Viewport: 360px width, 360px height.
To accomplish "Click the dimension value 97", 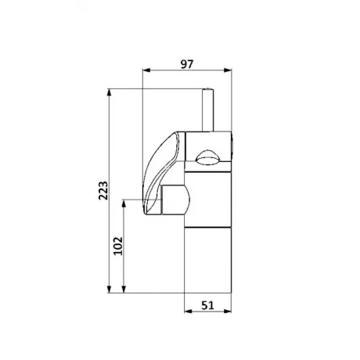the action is pyautogui.click(x=187, y=64).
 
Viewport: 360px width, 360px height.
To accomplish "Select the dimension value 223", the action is pyautogui.click(x=103, y=190).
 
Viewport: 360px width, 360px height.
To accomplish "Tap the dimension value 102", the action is pyautogui.click(x=118, y=246).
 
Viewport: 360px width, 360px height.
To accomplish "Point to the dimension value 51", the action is pyautogui.click(x=207, y=305).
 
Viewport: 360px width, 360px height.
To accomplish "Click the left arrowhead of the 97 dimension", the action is pyautogui.click(x=147, y=70).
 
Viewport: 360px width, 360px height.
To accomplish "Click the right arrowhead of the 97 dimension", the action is pyautogui.click(x=228, y=70).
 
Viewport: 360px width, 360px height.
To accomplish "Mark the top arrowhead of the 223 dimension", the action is pyautogui.click(x=110, y=93).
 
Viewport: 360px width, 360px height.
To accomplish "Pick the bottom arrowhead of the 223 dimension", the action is pyautogui.click(x=110, y=289).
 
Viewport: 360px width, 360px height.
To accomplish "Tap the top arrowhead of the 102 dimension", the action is pyautogui.click(x=124, y=203).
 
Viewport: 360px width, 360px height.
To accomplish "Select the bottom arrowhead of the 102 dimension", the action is pyautogui.click(x=124, y=289).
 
